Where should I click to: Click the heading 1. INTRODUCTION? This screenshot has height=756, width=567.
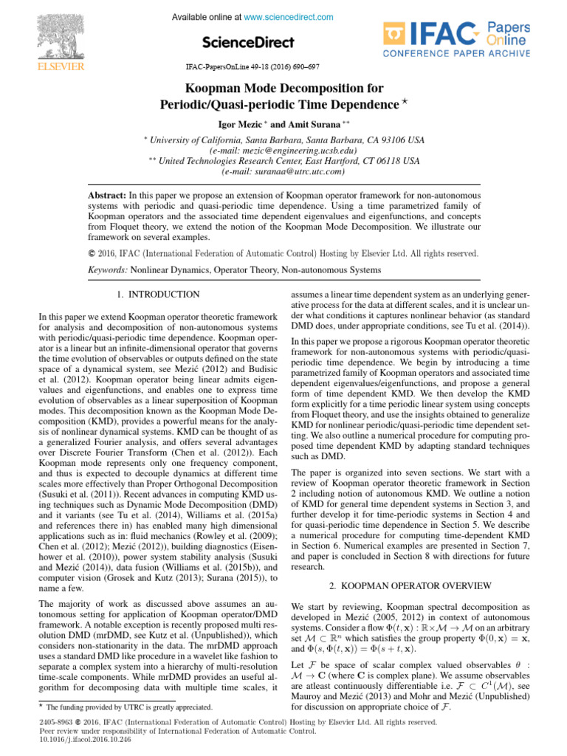[158, 295]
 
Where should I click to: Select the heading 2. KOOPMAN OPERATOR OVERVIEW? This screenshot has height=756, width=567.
[410, 585]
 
